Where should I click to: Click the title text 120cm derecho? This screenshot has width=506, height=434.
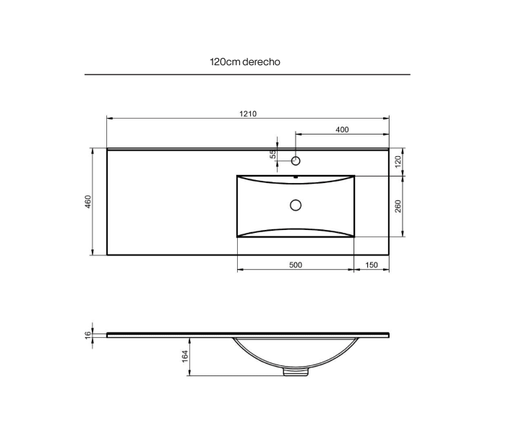coord(245,61)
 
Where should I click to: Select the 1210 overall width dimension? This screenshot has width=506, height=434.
coord(248,114)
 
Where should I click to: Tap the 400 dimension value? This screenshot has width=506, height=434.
coord(342,129)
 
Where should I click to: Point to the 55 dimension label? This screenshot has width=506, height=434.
coord(273,154)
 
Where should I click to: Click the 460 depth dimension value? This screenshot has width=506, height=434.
coord(88,202)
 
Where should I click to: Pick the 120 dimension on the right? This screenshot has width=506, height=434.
coord(398,161)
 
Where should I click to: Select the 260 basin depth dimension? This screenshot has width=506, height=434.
coord(398,206)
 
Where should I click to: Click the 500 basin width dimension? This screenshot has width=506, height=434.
coord(296,265)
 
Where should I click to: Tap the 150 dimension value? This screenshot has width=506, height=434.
coord(372,265)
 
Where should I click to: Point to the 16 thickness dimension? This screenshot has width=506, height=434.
coord(88,335)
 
